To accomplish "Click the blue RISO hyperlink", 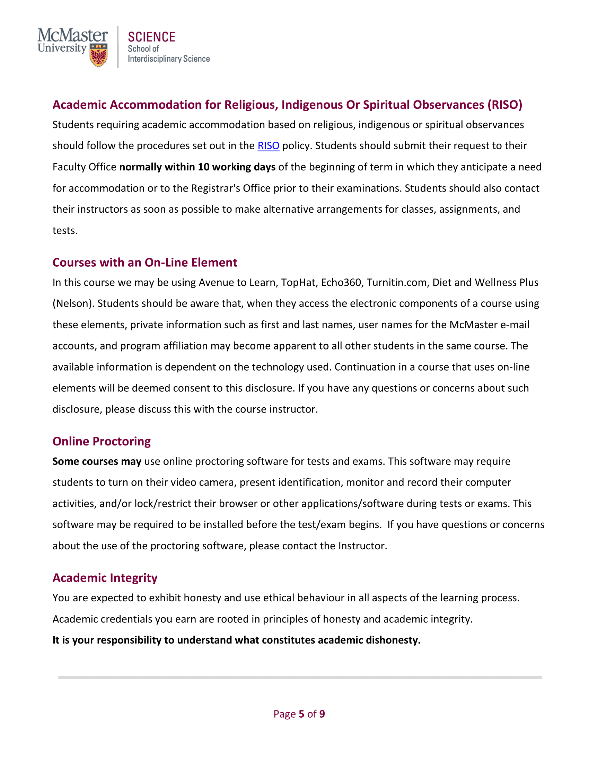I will pos(268,146).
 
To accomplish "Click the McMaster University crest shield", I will pos(98,55).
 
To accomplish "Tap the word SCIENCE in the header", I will pos(151,37).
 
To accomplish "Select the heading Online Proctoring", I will pos(102,441).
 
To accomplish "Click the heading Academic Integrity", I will pos(105,578).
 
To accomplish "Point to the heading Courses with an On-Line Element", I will pos(145,263).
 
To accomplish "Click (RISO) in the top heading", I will pos(504,105).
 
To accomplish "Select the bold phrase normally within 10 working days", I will pos(197,167).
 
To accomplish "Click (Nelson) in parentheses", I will pos(73,303).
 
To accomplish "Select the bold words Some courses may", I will pos(97,461).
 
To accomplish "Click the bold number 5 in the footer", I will pos(301,714).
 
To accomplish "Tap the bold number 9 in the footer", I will pos(322,714).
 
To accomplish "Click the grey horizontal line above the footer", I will pos(300,677).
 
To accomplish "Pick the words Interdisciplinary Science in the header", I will pos(168,59).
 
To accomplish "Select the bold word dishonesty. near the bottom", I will pos(393,640).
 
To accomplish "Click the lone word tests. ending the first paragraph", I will pos(65,231).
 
